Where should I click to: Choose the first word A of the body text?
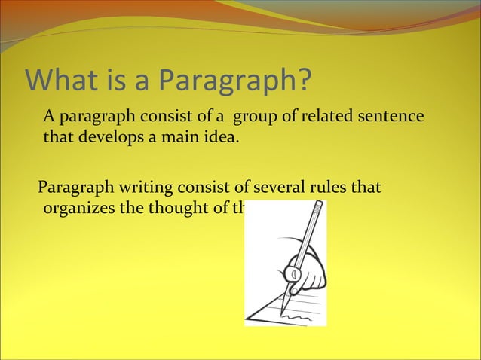(x=48, y=117)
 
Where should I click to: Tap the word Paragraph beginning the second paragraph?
(x=70, y=187)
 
